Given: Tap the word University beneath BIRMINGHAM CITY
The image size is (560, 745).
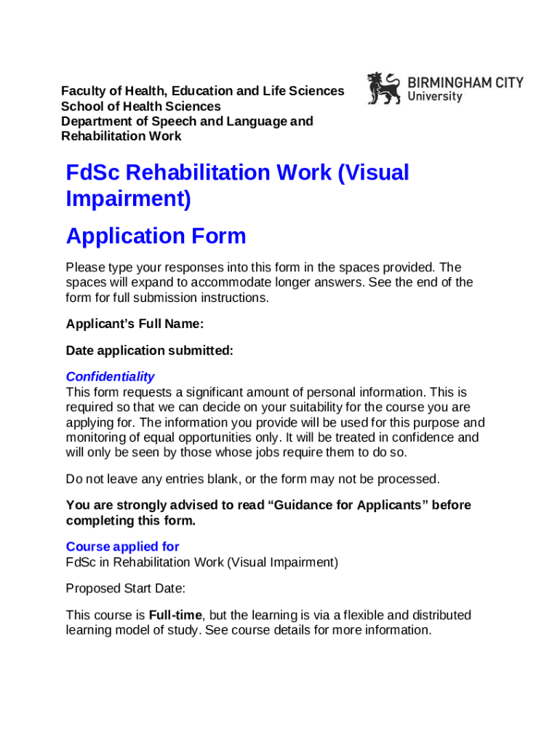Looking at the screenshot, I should [435, 97].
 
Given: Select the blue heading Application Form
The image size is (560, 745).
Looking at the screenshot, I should [156, 236].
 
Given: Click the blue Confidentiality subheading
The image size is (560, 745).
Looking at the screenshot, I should [110, 376].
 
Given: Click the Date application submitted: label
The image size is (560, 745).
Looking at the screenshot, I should [149, 351].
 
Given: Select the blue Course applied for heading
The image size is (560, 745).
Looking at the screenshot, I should [122, 546].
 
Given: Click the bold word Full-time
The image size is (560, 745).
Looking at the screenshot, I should [175, 615].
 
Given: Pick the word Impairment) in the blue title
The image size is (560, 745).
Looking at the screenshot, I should [128, 199].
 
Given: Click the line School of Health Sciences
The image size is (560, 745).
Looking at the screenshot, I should [140, 106].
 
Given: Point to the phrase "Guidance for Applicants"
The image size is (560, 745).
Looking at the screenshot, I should [345, 505].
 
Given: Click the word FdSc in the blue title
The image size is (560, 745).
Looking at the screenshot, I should [93, 172].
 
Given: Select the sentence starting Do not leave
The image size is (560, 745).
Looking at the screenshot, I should [252, 479].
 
